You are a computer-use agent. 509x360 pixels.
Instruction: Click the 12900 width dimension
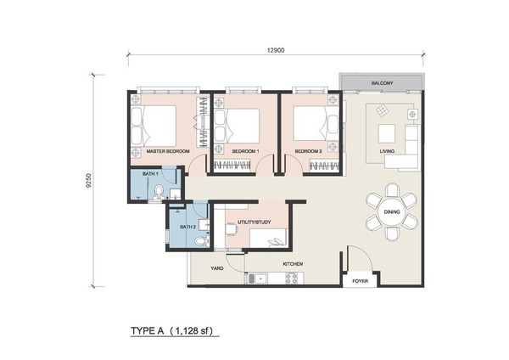pyautogui.click(x=276, y=50)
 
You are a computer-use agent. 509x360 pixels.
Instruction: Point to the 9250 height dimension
pyautogui.click(x=89, y=181)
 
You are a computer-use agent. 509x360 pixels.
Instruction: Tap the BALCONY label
pyautogui.click(x=382, y=83)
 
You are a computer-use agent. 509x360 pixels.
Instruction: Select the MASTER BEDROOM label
pyautogui.click(x=168, y=151)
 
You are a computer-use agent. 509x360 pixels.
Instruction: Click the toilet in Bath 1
pyautogui.click(x=159, y=191)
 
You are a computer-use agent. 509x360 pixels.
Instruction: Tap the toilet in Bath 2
pyautogui.click(x=200, y=241)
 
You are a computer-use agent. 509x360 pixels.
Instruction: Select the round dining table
pyautogui.click(x=392, y=212)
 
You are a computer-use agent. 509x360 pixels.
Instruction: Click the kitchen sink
pyautogui.click(x=258, y=278)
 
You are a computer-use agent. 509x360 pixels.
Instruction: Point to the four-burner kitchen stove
pyautogui.click(x=291, y=278)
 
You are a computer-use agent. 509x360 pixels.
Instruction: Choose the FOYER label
pyautogui.click(x=360, y=281)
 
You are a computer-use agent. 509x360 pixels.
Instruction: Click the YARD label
pyautogui.click(x=217, y=268)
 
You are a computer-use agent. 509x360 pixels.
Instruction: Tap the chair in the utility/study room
pyautogui.click(x=231, y=229)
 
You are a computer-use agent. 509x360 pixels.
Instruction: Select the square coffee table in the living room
pyautogui.click(x=387, y=133)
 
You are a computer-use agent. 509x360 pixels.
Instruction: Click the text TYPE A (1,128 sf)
pyautogui.click(x=172, y=331)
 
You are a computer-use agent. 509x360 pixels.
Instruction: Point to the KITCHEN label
pyautogui.click(x=293, y=264)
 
